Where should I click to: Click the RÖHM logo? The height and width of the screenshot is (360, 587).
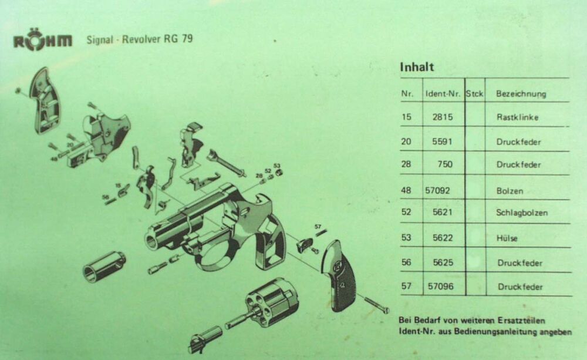[x=43, y=40]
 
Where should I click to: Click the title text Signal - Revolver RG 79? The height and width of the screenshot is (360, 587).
[x=139, y=39]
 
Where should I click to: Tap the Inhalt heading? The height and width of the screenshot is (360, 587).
[x=417, y=67]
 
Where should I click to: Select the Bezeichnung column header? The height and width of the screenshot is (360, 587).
[x=521, y=93]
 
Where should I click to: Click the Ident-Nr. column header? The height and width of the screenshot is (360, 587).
[x=443, y=93]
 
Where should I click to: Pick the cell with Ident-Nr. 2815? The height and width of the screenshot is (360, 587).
[x=443, y=117]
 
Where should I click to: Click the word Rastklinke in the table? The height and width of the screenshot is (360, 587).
[x=517, y=117]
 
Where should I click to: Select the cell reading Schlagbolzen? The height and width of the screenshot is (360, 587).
[x=521, y=213]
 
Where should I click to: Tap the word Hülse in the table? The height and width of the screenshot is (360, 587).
[x=507, y=238]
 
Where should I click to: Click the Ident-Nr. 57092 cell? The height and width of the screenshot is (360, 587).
[x=437, y=191]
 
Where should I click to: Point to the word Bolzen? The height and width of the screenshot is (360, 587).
[x=510, y=191]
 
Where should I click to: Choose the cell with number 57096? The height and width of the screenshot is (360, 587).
[x=441, y=287]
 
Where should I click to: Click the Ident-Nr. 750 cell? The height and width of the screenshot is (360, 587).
[x=445, y=164]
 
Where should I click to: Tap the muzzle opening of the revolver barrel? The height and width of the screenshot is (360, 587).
[x=151, y=241]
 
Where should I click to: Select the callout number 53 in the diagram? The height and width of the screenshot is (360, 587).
[x=276, y=166]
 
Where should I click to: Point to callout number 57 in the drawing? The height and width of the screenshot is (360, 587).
[x=318, y=226]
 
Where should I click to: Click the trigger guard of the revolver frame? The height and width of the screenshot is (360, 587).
[x=214, y=259]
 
